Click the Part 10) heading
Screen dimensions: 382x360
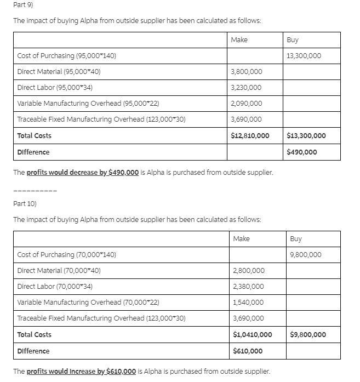pyautogui.click(x=24, y=203)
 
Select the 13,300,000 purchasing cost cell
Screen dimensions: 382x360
pyautogui.click(x=304, y=56)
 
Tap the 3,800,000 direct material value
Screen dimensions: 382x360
pyautogui.click(x=246, y=72)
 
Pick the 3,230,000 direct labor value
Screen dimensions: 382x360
pyautogui.click(x=246, y=88)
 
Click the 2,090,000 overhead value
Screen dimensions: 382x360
pyautogui.click(x=246, y=104)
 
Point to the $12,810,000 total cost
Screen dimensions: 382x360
pyautogui.click(x=250, y=135)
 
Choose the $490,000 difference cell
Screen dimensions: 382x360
pyautogui.click(x=301, y=152)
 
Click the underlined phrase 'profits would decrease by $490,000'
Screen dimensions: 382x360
pyautogui.click(x=82, y=172)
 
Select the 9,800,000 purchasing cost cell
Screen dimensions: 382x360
pyautogui.click(x=306, y=255)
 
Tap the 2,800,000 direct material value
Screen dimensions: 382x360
pyautogui.click(x=248, y=271)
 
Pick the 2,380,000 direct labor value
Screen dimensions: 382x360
pyautogui.click(x=248, y=287)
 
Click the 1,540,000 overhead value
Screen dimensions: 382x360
pyautogui.click(x=248, y=303)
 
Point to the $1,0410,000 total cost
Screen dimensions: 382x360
pyautogui.click(x=252, y=334)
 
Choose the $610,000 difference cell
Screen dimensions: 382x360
pyautogui.click(x=248, y=351)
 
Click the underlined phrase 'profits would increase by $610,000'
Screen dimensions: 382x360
pyautogui.click(x=81, y=371)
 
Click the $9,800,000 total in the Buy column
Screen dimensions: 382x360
pyautogui.click(x=308, y=334)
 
